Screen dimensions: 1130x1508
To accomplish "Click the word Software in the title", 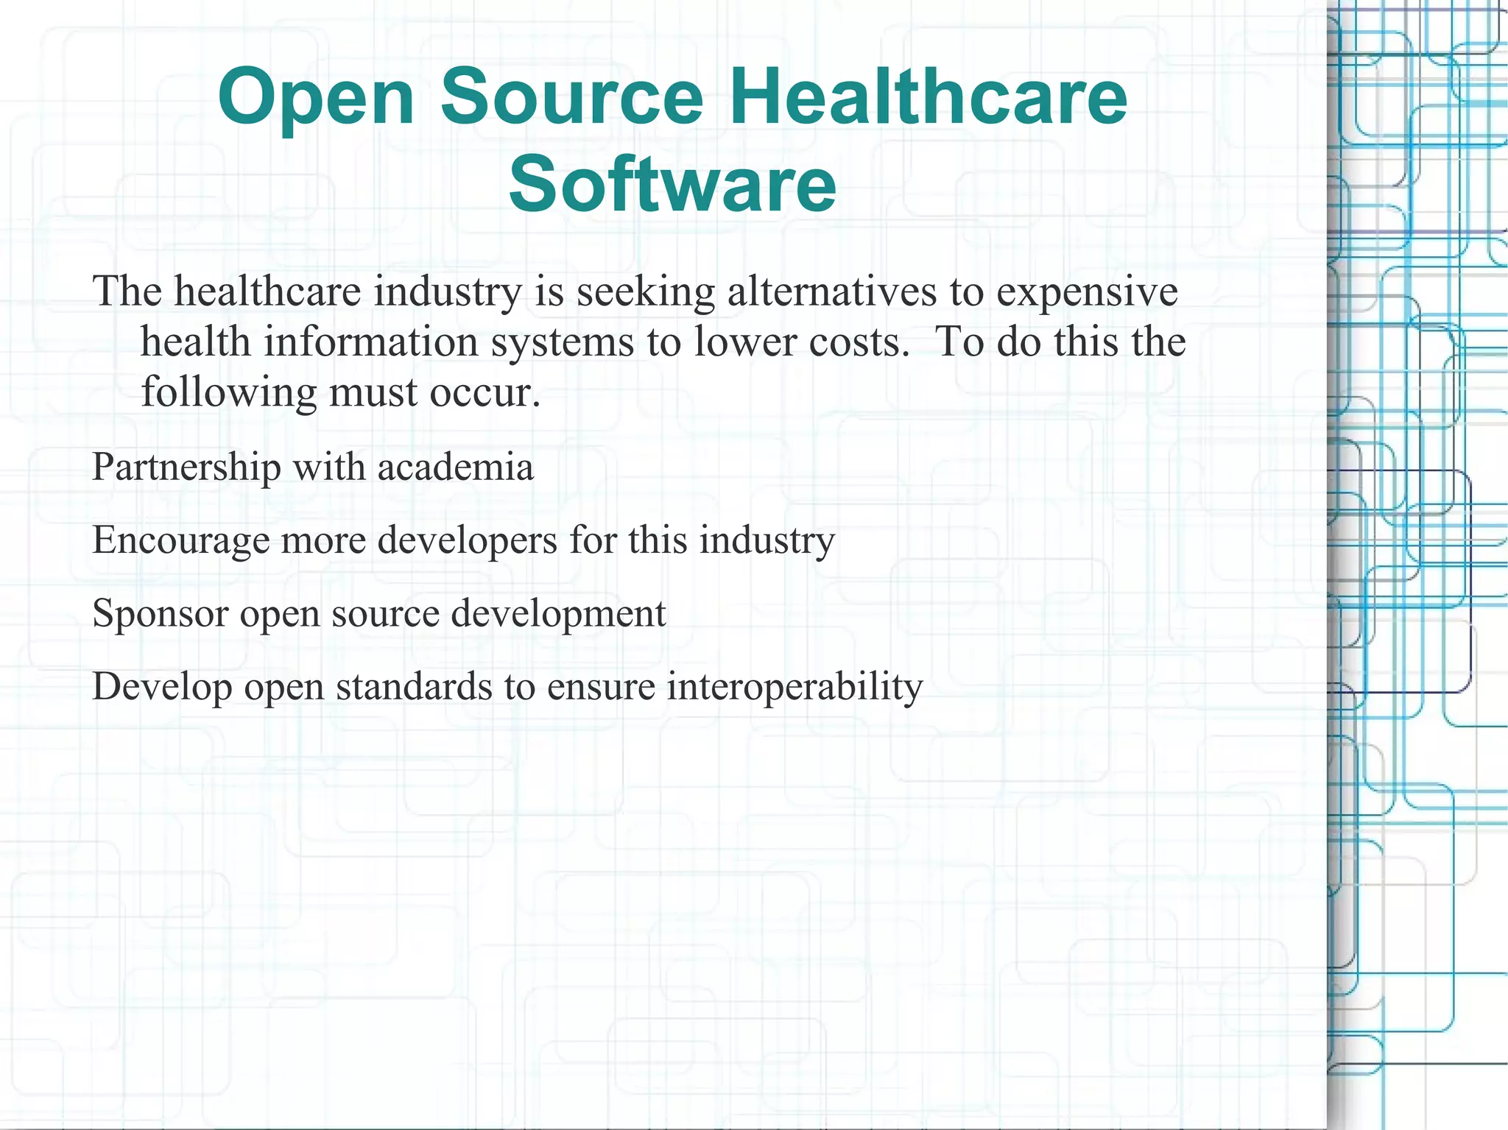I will coord(672,183).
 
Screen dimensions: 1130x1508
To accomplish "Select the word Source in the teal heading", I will coord(571,97).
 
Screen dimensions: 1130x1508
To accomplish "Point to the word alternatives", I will coord(832,291).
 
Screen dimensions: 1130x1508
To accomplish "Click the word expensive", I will coord(1087,292).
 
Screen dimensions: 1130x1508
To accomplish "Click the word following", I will coord(228,392).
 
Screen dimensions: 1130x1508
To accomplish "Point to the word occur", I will coord(485,392).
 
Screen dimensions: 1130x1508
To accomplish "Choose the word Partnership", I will coord(186,467).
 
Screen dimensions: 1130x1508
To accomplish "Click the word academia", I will coord(456,467).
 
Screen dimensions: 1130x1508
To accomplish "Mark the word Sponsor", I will coord(160,614).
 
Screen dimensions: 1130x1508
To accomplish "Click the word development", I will coord(558,614).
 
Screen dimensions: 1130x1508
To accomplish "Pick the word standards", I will coord(414,687).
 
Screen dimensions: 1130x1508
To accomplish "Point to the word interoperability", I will coord(794,688).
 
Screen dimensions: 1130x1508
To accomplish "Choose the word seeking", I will coord(646,292).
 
